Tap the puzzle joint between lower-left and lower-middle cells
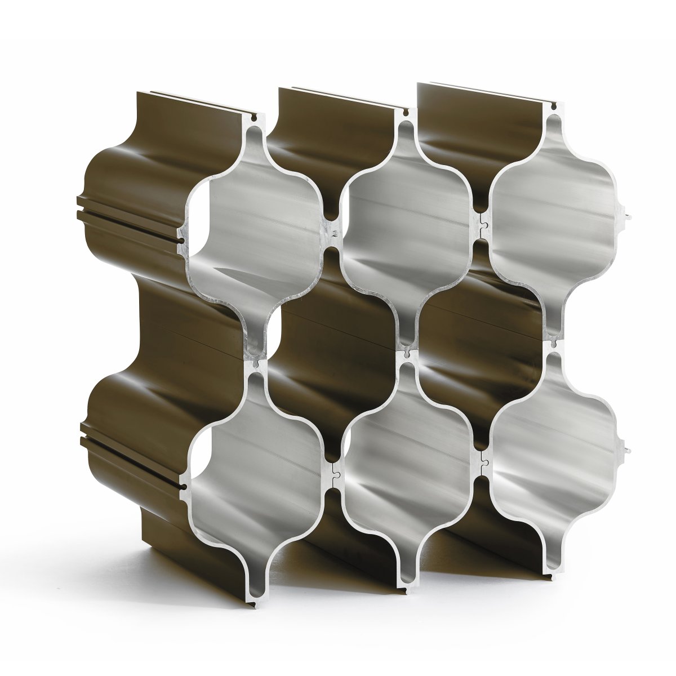(334, 469)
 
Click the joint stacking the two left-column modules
(257, 362)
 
